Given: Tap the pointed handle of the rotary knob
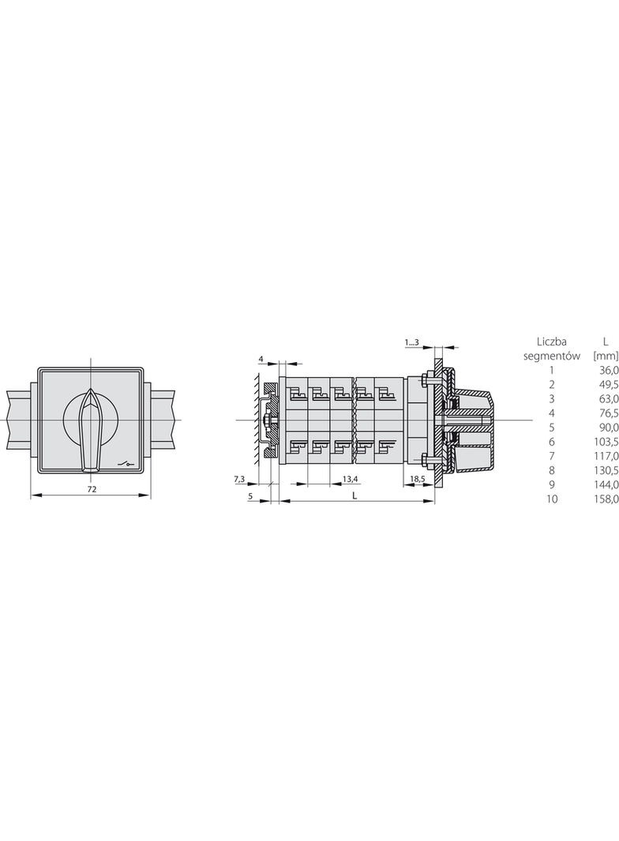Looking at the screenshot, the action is [x=90, y=430].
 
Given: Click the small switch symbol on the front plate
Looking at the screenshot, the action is [x=126, y=463].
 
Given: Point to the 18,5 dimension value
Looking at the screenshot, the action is [x=415, y=478].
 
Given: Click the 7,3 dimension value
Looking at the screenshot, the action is [x=239, y=478].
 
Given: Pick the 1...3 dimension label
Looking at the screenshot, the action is [x=412, y=342].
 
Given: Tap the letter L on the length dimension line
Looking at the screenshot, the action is [x=355, y=495].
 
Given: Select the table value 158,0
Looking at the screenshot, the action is [x=608, y=499].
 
